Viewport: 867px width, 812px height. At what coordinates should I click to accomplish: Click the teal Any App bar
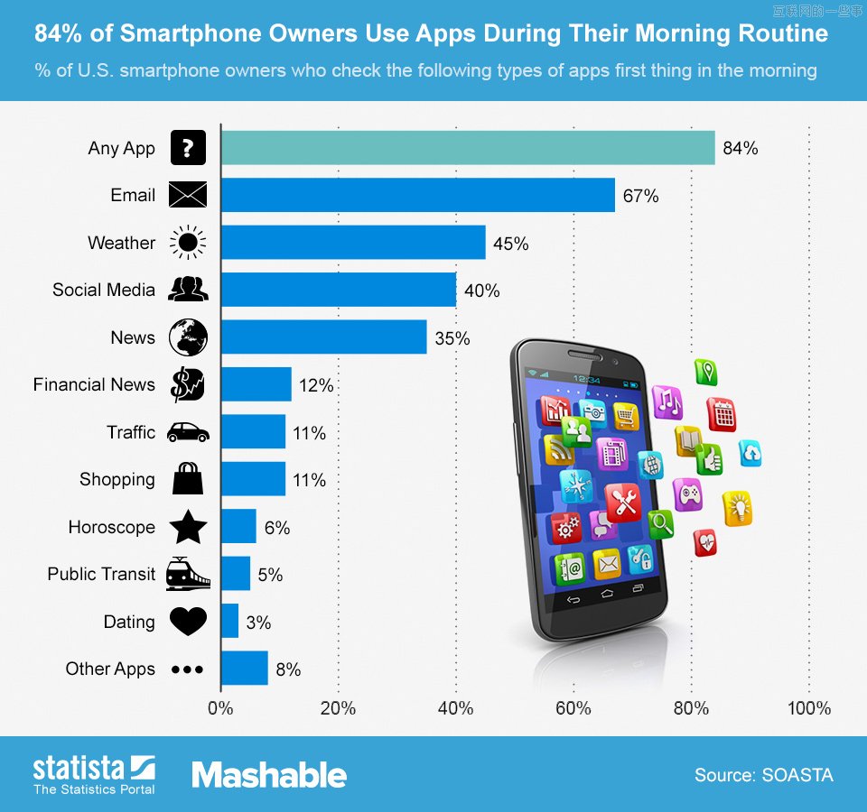(x=467, y=148)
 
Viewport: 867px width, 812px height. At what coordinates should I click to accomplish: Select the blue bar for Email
(x=417, y=195)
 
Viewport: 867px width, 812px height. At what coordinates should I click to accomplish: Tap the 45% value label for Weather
(x=510, y=244)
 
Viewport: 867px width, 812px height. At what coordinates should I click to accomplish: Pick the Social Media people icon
(x=188, y=290)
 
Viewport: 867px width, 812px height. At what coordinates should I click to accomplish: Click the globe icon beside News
(x=188, y=337)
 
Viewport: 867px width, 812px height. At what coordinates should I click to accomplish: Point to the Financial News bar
(x=256, y=384)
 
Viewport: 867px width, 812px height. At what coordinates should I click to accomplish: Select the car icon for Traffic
(x=188, y=432)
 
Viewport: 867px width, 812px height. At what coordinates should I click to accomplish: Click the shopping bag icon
(x=188, y=479)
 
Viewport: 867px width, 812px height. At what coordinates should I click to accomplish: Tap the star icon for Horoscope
(x=188, y=527)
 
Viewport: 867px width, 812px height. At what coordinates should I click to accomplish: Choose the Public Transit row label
(x=101, y=574)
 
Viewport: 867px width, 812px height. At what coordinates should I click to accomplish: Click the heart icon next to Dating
(x=188, y=621)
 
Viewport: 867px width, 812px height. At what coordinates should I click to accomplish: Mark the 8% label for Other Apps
(x=288, y=669)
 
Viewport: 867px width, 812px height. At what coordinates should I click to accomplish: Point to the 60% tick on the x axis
(x=573, y=708)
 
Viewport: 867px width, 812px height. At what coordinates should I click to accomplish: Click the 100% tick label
(x=808, y=708)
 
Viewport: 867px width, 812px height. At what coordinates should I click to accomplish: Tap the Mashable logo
(x=268, y=774)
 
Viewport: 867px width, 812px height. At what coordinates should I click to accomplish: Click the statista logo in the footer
(x=94, y=774)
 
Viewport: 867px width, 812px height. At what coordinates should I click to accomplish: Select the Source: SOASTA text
(x=763, y=775)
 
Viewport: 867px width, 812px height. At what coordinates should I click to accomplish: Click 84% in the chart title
(x=61, y=34)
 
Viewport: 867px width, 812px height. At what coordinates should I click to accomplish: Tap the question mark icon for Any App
(x=188, y=148)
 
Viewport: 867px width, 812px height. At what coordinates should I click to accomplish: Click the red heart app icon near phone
(x=705, y=542)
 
